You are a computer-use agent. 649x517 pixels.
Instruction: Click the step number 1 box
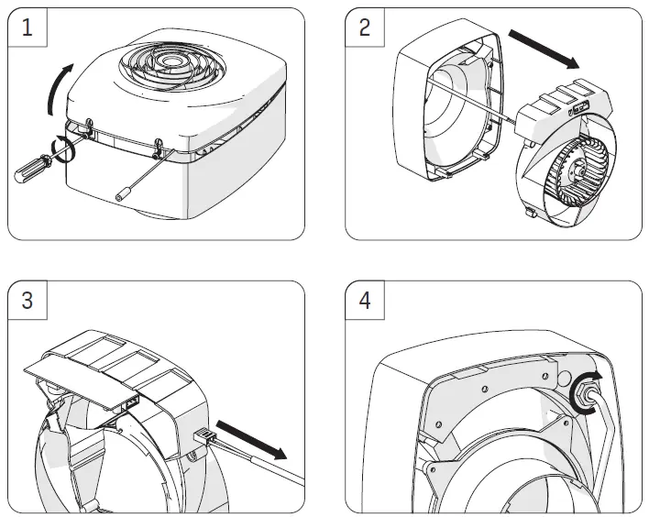coord(27,28)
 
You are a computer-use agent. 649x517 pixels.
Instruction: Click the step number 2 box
coord(365,28)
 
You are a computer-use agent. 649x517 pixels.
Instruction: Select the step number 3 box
coord(27,302)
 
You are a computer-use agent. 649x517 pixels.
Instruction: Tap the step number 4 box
coord(365,302)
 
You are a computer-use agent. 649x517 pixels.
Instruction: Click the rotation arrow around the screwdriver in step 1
coord(62,147)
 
